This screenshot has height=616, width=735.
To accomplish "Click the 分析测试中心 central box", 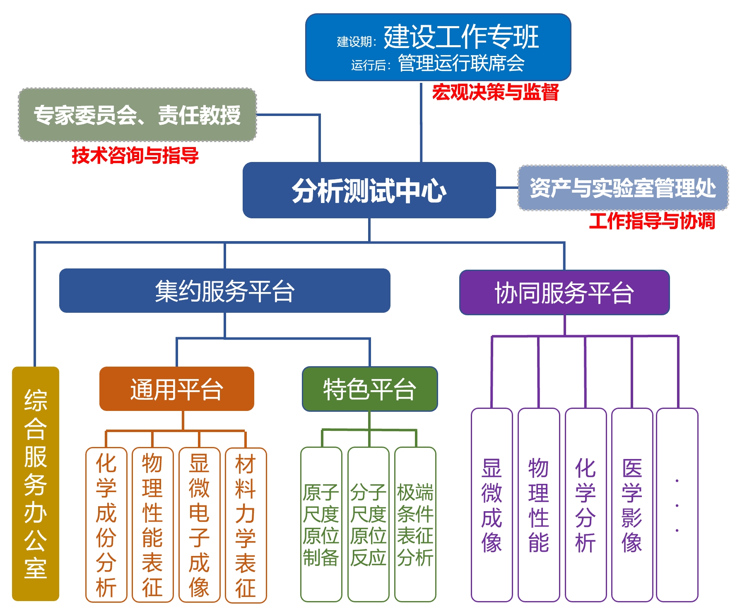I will tap(369, 190).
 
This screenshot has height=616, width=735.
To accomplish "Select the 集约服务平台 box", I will tap(224, 290).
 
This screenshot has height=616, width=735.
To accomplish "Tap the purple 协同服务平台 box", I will tap(564, 292).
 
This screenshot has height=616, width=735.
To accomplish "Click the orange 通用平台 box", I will tap(176, 389).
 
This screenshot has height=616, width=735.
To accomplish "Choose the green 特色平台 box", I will tap(369, 389).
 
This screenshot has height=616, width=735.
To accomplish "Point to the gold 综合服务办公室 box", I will tap(36, 483).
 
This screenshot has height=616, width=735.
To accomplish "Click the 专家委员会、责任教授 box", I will tap(137, 115).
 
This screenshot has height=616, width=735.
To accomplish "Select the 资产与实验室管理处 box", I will tap(623, 188).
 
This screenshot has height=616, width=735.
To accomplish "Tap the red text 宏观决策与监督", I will tap(495, 92).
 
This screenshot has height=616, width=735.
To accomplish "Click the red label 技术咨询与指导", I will tap(135, 155).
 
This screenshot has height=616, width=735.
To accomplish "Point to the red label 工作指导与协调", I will tap(652, 220).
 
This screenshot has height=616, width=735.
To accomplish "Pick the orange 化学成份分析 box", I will tap(106, 525).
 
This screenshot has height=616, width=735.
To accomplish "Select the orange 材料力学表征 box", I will tap(246, 525).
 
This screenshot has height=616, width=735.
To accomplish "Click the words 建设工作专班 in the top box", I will tap(461, 36).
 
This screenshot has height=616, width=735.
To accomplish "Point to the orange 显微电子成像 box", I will tap(199, 525).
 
